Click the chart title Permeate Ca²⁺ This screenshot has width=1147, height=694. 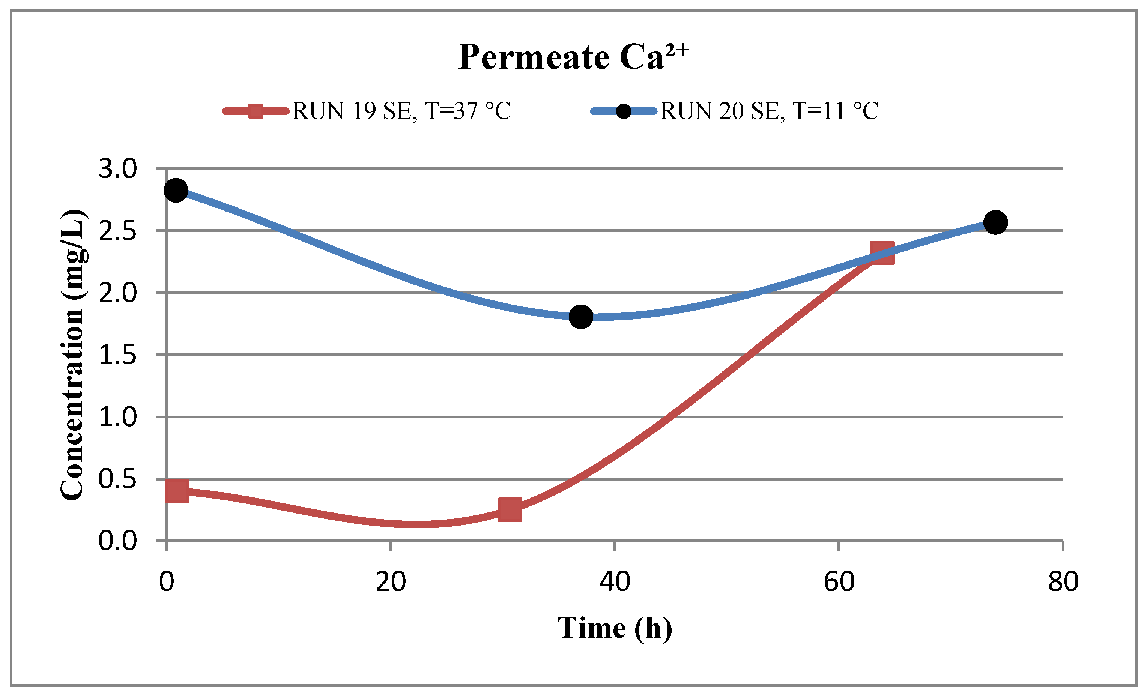(x=573, y=57)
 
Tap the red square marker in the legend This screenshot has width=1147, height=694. (x=256, y=111)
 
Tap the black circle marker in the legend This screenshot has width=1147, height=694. (x=623, y=111)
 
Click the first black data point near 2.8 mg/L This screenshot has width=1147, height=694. (x=176, y=190)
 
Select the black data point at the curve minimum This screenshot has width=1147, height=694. (x=581, y=317)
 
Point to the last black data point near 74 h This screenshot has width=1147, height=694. (x=996, y=222)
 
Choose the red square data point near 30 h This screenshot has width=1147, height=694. (x=510, y=509)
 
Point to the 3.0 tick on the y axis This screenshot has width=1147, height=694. (x=118, y=168)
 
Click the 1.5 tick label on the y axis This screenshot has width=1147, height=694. (x=118, y=355)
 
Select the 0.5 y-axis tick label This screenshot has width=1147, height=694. (x=118, y=479)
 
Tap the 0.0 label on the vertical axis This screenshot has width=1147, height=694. (x=118, y=541)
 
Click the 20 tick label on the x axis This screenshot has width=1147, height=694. (x=391, y=581)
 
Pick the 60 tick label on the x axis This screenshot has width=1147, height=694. (x=839, y=581)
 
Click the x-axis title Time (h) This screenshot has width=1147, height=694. (x=615, y=628)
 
